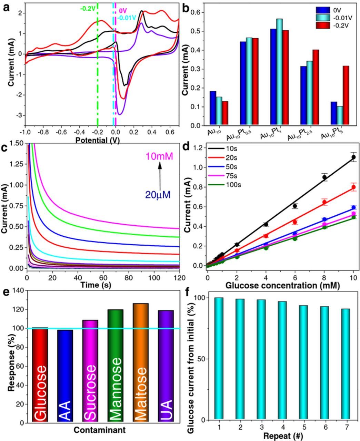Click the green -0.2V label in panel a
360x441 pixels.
88,9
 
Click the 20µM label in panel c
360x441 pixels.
158,195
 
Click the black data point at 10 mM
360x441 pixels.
353,157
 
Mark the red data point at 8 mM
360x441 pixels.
324,202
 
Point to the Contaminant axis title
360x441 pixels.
99,430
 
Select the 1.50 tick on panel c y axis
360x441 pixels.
16,143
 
